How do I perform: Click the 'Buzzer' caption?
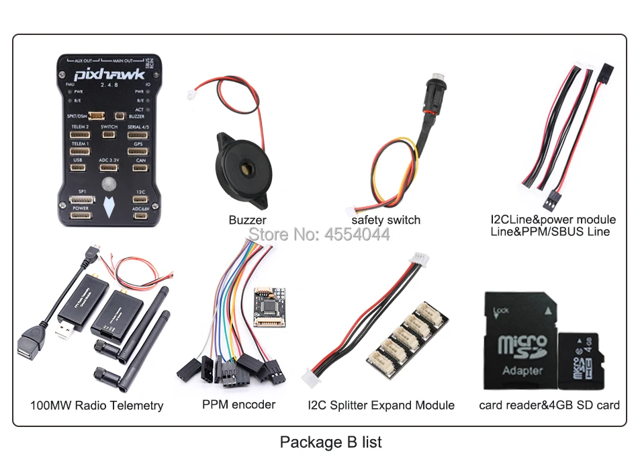[247, 220]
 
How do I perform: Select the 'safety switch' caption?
[385, 220]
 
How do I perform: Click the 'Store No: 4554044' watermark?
[319, 235]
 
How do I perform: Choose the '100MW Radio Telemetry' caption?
[97, 405]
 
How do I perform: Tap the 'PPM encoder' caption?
[238, 405]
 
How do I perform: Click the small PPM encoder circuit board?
[269, 307]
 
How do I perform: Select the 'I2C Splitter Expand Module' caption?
[381, 405]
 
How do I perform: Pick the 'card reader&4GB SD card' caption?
[549, 405]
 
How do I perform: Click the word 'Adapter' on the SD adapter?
[522, 370]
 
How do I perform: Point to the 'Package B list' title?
[330, 442]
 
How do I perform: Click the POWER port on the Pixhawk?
[81, 215]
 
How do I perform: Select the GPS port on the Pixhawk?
[138, 151]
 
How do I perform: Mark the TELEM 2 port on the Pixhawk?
[81, 134]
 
